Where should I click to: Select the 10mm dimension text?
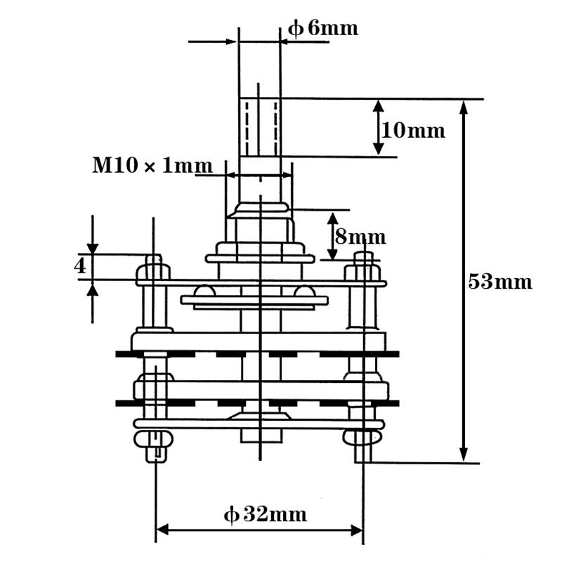click(413, 130)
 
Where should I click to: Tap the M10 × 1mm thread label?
click(152, 166)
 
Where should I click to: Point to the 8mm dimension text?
click(360, 236)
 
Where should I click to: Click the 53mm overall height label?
click(499, 282)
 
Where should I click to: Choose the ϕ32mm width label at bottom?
click(266, 515)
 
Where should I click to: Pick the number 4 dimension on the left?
click(80, 267)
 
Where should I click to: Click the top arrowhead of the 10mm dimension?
click(378, 106)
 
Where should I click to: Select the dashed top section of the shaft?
click(259, 126)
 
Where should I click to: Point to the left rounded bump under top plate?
click(205, 291)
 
